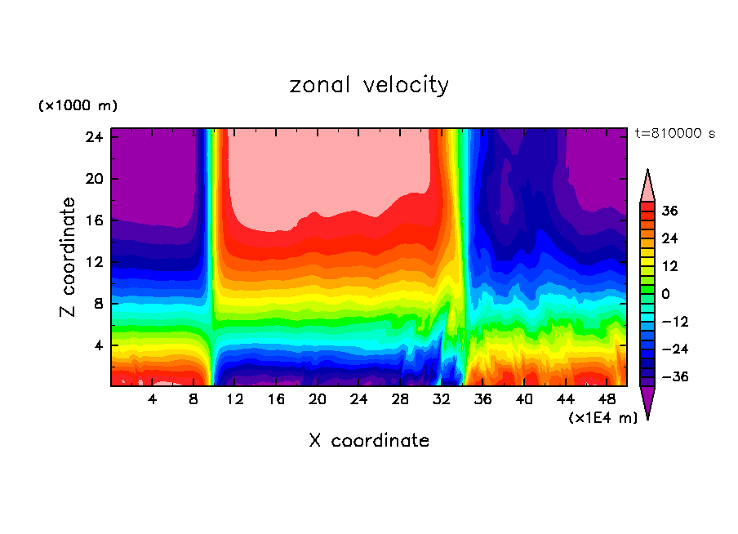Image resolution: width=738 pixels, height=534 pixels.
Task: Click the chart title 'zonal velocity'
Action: click(369, 85)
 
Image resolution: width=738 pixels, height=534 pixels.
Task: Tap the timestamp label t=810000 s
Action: click(674, 134)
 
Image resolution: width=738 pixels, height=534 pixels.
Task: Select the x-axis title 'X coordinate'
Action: click(369, 441)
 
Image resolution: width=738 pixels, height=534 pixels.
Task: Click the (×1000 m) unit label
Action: click(78, 106)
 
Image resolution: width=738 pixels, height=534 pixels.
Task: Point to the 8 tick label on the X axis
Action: click(193, 400)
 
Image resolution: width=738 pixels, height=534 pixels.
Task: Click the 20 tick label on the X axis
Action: click(318, 400)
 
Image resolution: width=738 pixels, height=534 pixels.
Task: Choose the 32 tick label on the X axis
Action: click(442, 400)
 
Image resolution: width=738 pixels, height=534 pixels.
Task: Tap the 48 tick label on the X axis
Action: click(607, 400)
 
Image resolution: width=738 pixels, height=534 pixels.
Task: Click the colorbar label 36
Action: click(669, 211)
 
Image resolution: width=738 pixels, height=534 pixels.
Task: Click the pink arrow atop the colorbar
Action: click(647, 186)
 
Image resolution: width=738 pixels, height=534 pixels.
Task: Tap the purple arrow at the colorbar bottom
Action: click(647, 402)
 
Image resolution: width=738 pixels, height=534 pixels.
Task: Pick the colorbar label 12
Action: click(669, 266)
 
